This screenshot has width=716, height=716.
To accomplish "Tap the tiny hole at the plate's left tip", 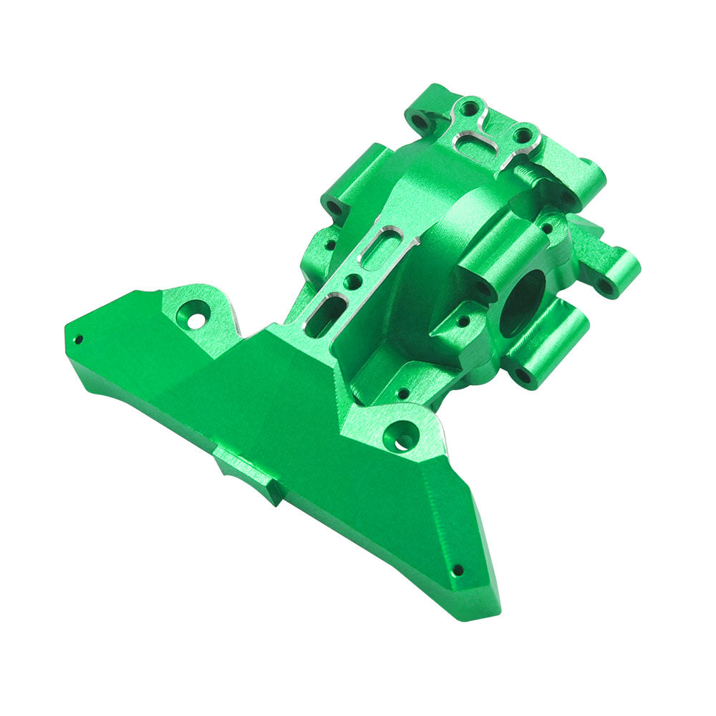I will (x=78, y=339).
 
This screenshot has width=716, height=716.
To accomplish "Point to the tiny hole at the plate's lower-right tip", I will (x=458, y=570).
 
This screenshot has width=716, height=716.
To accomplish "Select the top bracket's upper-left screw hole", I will (x=469, y=109).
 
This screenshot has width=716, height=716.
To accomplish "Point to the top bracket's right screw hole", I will (x=523, y=134).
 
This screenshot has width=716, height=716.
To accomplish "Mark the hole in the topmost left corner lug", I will (x=421, y=122).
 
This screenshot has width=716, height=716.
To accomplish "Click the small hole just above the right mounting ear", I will (x=403, y=393).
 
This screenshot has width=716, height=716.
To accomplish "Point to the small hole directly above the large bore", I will (x=548, y=229).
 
